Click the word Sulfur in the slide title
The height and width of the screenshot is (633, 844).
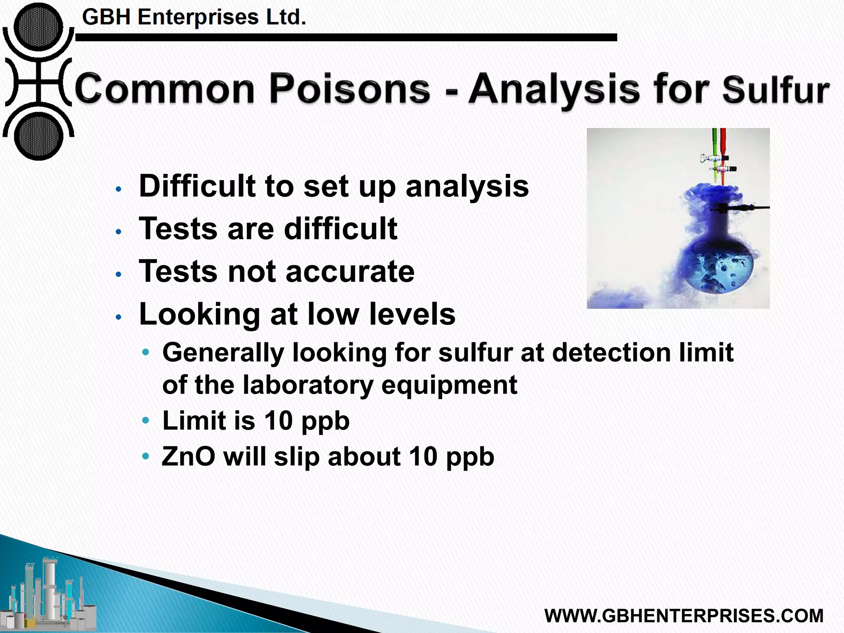tap(776, 90)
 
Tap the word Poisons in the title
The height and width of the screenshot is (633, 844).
tap(349, 88)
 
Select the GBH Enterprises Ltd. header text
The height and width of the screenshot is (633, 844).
tap(194, 18)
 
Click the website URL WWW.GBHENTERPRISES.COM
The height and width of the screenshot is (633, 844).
tap(684, 616)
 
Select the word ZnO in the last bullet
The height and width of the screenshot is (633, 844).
tap(188, 457)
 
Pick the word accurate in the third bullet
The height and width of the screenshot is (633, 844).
tap(350, 272)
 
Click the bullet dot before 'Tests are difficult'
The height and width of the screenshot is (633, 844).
tap(119, 232)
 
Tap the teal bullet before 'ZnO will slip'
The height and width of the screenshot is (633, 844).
tap(145, 456)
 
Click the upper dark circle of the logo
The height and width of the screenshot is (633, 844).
tap(38, 28)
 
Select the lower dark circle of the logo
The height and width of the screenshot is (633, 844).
tap(38, 136)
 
